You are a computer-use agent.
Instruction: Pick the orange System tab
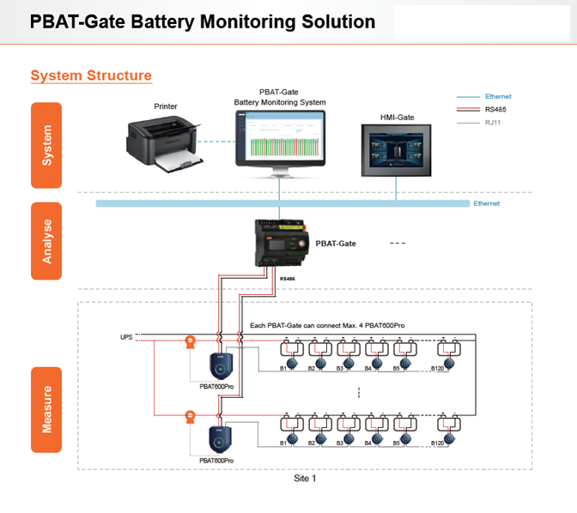[46, 145]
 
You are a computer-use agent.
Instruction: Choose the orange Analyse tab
[46, 241]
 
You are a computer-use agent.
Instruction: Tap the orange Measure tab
[46, 410]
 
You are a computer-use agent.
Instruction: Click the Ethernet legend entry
[497, 96]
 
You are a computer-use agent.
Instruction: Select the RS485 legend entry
[495, 109]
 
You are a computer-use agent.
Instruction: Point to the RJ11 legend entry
[495, 123]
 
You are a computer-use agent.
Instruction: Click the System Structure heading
[91, 75]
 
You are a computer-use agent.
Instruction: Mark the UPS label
[126, 336]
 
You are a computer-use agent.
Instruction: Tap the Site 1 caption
[305, 479]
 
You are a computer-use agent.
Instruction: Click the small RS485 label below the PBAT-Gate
[288, 279]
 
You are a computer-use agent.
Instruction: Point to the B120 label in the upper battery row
[437, 368]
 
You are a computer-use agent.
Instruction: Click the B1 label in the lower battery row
[283, 443]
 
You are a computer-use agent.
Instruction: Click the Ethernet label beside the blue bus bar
[486, 203]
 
